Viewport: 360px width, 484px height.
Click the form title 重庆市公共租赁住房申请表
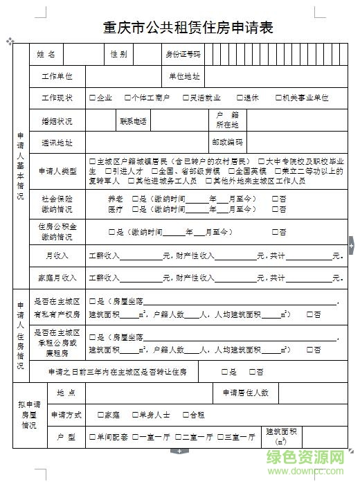tap(179, 28)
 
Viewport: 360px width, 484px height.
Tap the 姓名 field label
tap(46, 54)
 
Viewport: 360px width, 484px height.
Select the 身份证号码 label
tap(183, 54)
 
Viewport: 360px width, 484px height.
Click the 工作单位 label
tap(57, 76)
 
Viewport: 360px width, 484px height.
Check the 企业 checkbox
tap(93, 98)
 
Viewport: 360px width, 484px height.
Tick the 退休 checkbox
tap(239, 98)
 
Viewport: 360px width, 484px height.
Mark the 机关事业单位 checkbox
tap(278, 98)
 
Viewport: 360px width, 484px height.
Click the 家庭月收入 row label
tap(57, 278)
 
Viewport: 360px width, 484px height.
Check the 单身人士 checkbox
tap(134, 415)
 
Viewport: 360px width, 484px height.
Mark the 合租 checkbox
tap(177, 415)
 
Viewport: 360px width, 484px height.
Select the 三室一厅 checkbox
tap(219, 438)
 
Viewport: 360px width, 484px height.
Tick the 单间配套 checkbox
tap(92, 438)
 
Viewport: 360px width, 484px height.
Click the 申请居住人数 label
tap(245, 393)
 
